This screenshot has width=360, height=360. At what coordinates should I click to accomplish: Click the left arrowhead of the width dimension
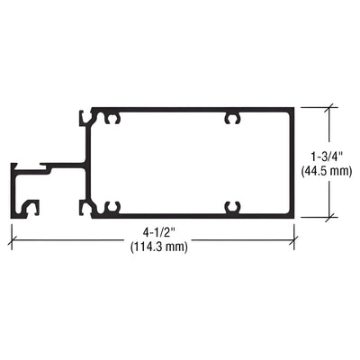point(13,238)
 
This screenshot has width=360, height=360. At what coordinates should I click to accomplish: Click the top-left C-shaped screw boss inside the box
point(112,118)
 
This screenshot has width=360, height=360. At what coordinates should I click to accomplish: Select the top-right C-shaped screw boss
point(232,118)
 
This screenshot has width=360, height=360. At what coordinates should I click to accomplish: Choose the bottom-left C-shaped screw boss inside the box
point(112,208)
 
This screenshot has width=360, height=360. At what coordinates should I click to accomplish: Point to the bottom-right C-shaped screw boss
point(232,208)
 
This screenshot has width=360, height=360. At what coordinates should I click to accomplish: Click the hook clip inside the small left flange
point(32,208)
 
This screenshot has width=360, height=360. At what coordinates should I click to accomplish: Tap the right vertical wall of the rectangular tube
point(292,163)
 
